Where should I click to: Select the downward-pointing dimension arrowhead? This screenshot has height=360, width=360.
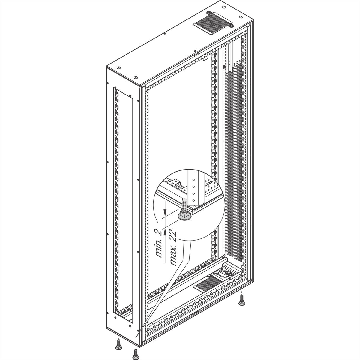(x=165, y=211)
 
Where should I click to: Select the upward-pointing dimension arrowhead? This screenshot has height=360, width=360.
(x=165, y=232)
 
